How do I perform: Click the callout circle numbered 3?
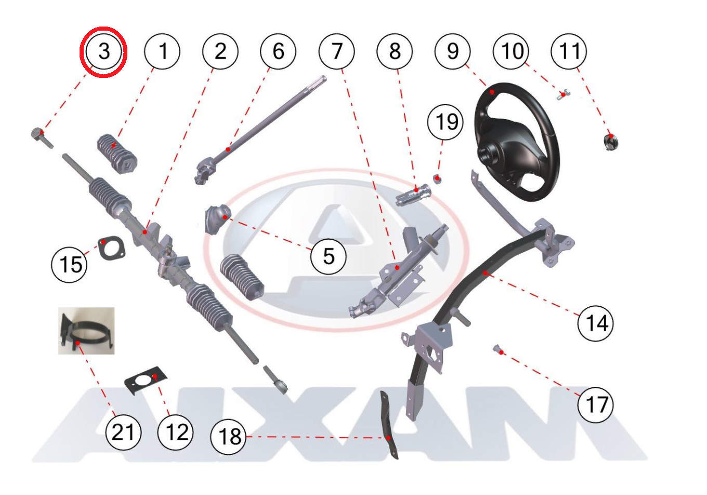pos(103,51)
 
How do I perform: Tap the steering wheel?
pos(517,142)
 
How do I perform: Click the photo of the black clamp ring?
pos(86,331)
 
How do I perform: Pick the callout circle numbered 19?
pos(445,122)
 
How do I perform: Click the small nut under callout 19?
pos(437,179)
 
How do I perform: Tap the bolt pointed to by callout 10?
pos(562,95)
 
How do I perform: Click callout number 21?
pos(123,432)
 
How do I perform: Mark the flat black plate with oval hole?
pos(146,380)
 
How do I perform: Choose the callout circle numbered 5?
pos(328,256)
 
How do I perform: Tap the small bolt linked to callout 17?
pos(499,349)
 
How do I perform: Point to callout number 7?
pos(336,51)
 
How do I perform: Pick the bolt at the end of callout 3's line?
pos(42,138)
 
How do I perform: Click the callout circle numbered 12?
pos(175,432)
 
